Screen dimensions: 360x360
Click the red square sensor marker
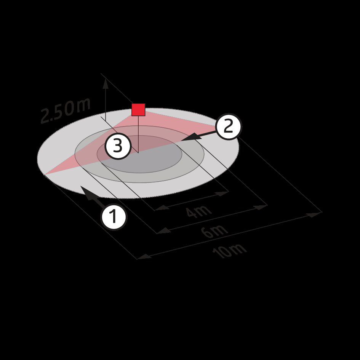(x=138, y=109)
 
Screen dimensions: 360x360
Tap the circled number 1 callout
(x=114, y=216)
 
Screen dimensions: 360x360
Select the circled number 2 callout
(x=228, y=126)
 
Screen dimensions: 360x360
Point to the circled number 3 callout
(x=118, y=146)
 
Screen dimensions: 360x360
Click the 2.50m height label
(x=66, y=110)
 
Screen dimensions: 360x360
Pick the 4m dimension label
(x=198, y=211)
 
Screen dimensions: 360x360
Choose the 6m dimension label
(x=215, y=231)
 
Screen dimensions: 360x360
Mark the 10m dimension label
(x=230, y=251)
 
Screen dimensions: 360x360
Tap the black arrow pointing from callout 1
(x=92, y=196)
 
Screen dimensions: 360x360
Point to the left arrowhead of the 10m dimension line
(x=144, y=256)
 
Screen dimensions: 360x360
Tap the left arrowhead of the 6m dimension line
(x=164, y=231)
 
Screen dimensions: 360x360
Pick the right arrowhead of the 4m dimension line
(x=222, y=193)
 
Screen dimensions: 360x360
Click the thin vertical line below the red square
(x=138, y=134)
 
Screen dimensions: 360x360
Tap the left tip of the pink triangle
(x=44, y=174)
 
